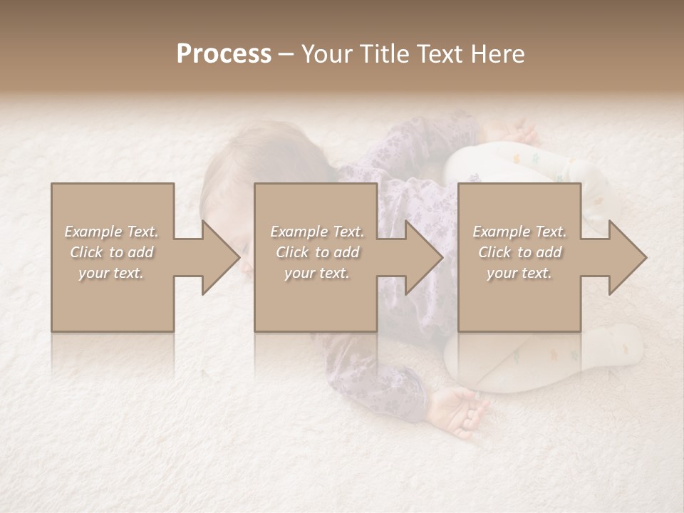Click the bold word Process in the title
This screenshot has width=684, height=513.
pyautogui.click(x=224, y=53)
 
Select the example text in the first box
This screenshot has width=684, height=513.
pyautogui.click(x=112, y=252)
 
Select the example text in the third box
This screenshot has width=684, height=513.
pyautogui.click(x=519, y=252)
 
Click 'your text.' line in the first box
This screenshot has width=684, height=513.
pyautogui.click(x=112, y=273)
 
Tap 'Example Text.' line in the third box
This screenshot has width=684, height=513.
pyautogui.click(x=519, y=232)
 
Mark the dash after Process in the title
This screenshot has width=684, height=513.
pyautogui.click(x=286, y=55)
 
